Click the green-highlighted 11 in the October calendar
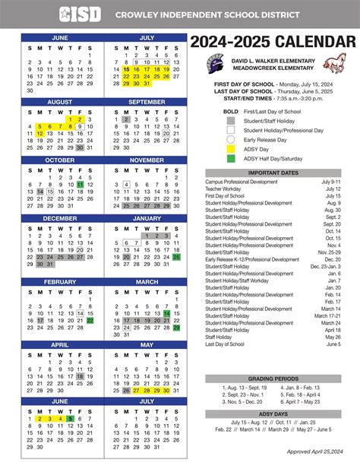tap(80, 185)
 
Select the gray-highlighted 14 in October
tap(39, 193)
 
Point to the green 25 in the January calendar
tap(176, 257)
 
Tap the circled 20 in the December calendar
tap(80, 249)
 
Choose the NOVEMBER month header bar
tap(147, 160)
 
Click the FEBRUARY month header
tap(59, 281)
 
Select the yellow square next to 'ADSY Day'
tap(230, 149)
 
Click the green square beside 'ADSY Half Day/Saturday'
tap(230, 158)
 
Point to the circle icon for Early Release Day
tap(230, 139)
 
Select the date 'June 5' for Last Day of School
tap(333, 345)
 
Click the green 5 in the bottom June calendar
tap(70, 419)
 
